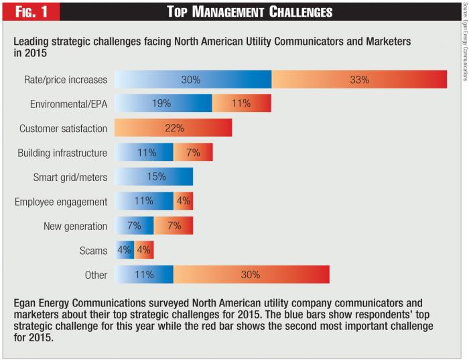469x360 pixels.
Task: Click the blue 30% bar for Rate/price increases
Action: pyautogui.click(x=193, y=79)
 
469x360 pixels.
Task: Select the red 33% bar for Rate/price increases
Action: pyautogui.click(x=359, y=79)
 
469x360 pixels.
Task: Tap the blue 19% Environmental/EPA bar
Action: pyautogui.click(x=163, y=104)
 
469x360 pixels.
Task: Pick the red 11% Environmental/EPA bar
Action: pyautogui.click(x=242, y=104)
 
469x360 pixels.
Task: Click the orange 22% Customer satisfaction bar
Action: pyautogui.click(x=173, y=128)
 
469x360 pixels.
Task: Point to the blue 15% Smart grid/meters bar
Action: pyautogui.click(x=154, y=177)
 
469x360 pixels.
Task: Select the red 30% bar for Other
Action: pyautogui.click(x=251, y=275)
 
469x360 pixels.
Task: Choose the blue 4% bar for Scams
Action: pyautogui.click(x=125, y=250)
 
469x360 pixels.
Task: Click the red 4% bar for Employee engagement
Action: pyautogui.click(x=184, y=201)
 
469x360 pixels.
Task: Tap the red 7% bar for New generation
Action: pyautogui.click(x=174, y=226)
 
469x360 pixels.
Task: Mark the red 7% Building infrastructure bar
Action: pyautogui.click(x=193, y=153)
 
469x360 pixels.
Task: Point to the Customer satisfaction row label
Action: pyautogui.click(x=63, y=128)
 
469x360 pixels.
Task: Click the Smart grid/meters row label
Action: pyautogui.click(x=70, y=177)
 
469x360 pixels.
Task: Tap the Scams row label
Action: pyautogui.click(x=93, y=250)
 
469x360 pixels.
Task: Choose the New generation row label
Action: pyautogui.click(x=76, y=226)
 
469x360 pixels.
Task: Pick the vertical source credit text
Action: pyautogui.click(x=464, y=40)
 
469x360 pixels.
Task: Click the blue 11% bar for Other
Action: pyautogui.click(x=144, y=275)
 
